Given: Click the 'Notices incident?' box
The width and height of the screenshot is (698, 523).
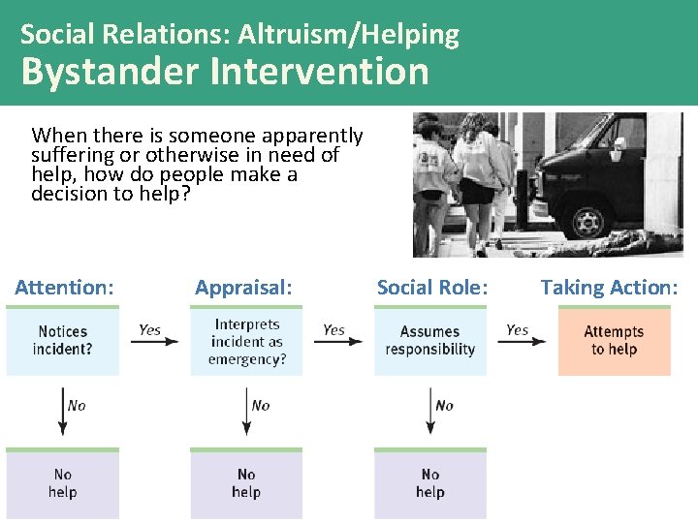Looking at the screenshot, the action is [x=63, y=341].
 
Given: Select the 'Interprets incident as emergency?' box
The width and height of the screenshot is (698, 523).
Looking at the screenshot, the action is [x=246, y=341].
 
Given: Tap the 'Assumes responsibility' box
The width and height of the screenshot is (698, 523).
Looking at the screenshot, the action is [x=430, y=341].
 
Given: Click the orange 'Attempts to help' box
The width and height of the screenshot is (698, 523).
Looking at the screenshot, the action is [x=614, y=341].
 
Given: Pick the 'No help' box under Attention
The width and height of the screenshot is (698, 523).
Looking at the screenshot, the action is [x=63, y=482].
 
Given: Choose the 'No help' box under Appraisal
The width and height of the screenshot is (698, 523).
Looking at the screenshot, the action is [x=246, y=482].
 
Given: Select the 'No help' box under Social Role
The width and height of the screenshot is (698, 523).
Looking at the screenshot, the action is [x=430, y=482].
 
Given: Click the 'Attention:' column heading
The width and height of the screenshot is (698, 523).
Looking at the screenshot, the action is [x=64, y=287].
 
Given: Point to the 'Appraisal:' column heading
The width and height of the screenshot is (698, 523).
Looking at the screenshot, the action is [x=243, y=287].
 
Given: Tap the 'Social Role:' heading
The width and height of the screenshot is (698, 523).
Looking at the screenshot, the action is [x=432, y=287].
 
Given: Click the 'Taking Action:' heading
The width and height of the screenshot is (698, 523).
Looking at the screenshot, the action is [x=610, y=287].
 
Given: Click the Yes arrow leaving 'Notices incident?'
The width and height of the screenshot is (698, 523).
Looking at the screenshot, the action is [x=154, y=341].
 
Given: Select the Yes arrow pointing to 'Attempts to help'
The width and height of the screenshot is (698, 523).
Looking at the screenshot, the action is [x=522, y=341].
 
